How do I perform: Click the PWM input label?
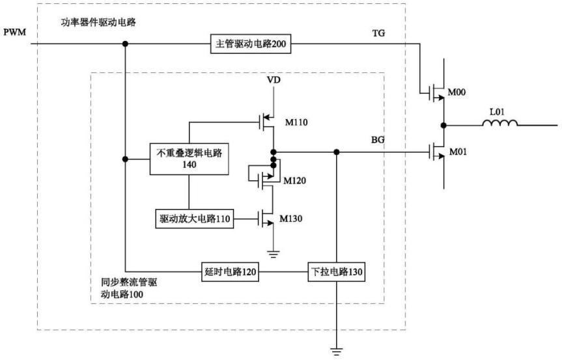14,32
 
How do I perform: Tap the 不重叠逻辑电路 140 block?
190,159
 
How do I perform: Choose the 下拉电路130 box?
335,273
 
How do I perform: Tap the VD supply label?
274,80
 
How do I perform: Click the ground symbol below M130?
274,254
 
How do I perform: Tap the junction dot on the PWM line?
124,44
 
